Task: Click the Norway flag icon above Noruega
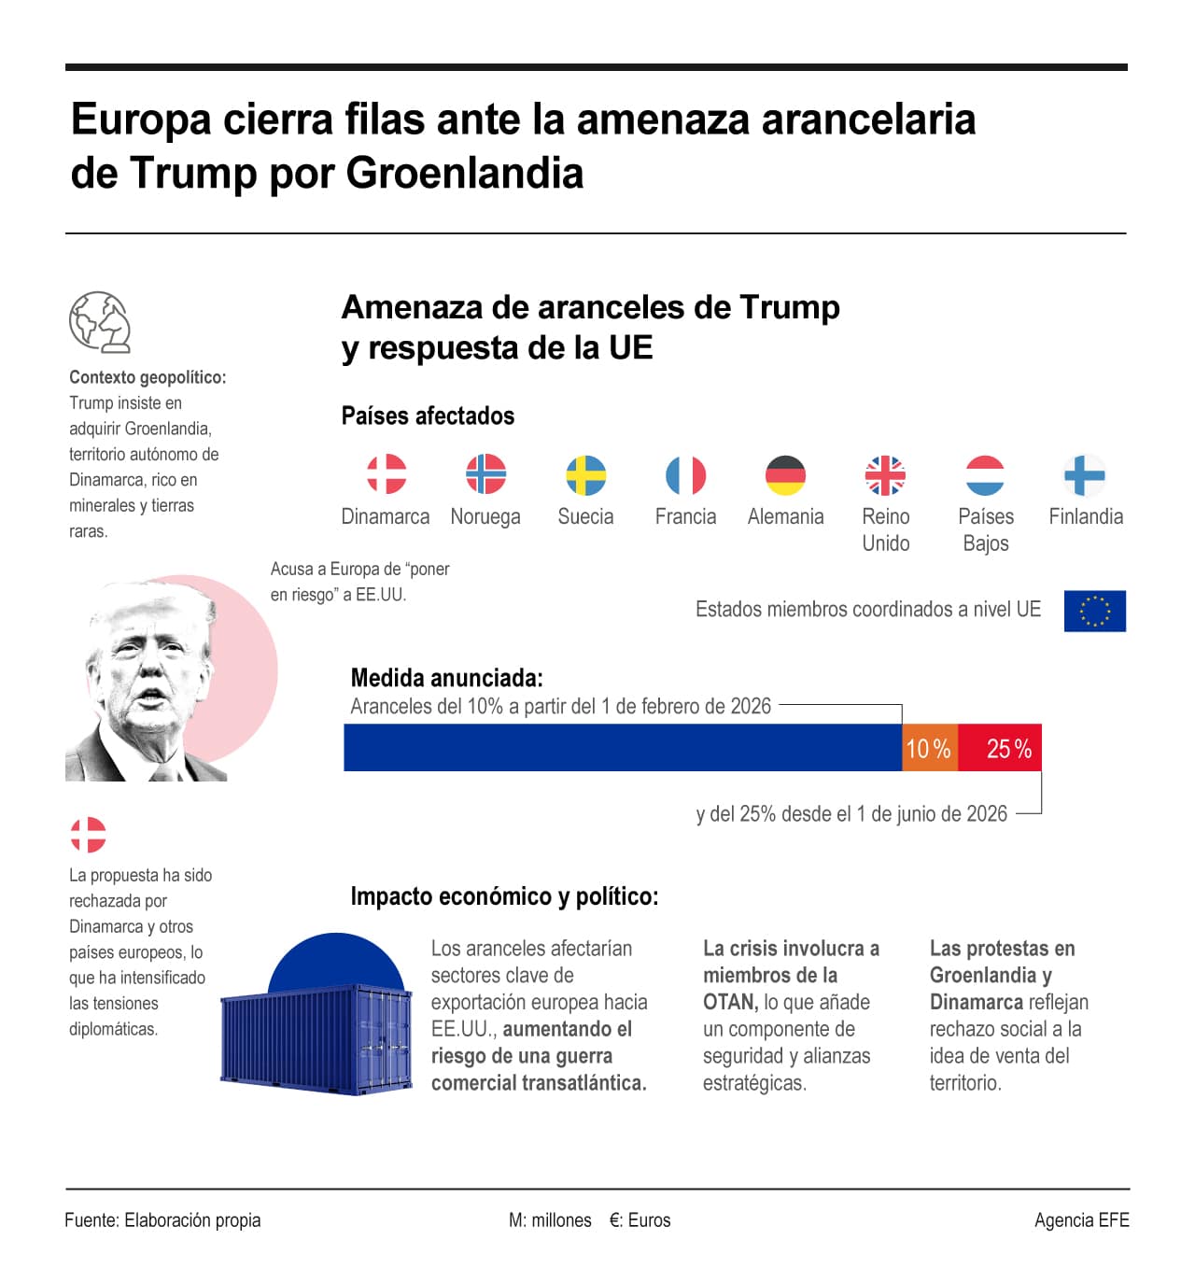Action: click(x=485, y=474)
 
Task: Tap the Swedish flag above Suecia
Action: click(x=585, y=474)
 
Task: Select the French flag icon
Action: click(x=685, y=474)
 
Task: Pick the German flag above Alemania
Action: click(x=785, y=474)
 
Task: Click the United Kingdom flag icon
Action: click(x=885, y=474)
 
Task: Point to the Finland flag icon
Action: click(x=1085, y=474)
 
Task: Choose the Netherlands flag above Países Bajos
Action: click(x=985, y=474)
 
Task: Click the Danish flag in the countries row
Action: click(x=386, y=474)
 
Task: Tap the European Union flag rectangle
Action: click(x=1094, y=611)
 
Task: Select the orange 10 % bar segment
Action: click(x=929, y=748)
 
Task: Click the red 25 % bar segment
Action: click(x=1000, y=748)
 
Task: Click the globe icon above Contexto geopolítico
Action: click(x=100, y=322)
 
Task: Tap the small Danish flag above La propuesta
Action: click(x=89, y=835)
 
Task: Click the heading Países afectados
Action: click(x=428, y=416)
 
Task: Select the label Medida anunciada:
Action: click(x=446, y=678)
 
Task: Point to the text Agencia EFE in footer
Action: click(x=1081, y=1220)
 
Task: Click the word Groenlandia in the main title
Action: click(x=464, y=173)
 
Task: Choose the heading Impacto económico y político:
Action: click(x=504, y=896)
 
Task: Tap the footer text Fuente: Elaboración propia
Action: click(x=162, y=1220)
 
